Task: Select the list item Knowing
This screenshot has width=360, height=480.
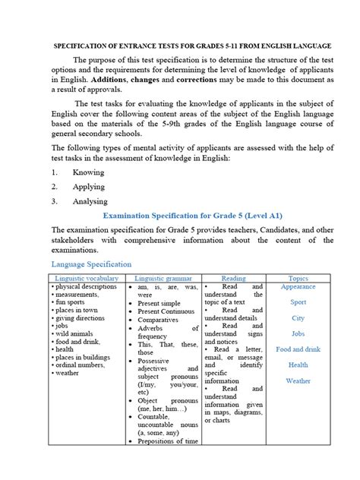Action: [x=88, y=172]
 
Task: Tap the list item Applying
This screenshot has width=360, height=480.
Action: [x=89, y=186]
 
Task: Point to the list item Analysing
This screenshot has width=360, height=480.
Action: [x=90, y=201]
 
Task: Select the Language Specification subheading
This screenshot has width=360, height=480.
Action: [x=91, y=264]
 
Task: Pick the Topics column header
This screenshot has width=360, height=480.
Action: [x=298, y=279]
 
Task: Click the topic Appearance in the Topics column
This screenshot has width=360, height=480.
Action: [x=298, y=287]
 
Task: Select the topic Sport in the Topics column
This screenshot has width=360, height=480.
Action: [x=298, y=302]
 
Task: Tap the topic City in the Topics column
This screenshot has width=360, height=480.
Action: [x=298, y=318]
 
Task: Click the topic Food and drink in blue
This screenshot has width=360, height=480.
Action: [x=298, y=349]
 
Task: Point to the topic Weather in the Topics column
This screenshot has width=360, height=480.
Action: [x=298, y=381]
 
